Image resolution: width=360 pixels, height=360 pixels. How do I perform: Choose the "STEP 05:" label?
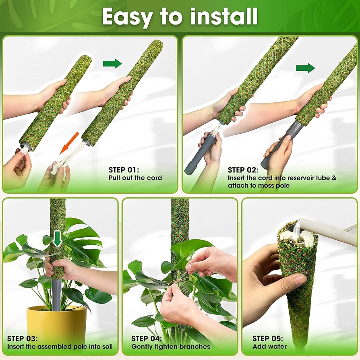[x=267, y=338]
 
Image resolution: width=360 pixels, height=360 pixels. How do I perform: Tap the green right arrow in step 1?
[x=112, y=63]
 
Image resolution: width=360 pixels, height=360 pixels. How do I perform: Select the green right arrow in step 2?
[x=305, y=68]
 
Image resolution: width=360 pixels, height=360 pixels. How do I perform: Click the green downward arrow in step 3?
[x=58, y=238]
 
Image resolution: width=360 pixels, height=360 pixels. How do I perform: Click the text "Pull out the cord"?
[x=135, y=178]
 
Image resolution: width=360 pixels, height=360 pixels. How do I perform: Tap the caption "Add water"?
[x=269, y=346]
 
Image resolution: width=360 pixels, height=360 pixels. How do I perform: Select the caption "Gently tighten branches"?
[x=171, y=346]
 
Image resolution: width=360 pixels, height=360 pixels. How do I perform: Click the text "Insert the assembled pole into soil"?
[x=60, y=346]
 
